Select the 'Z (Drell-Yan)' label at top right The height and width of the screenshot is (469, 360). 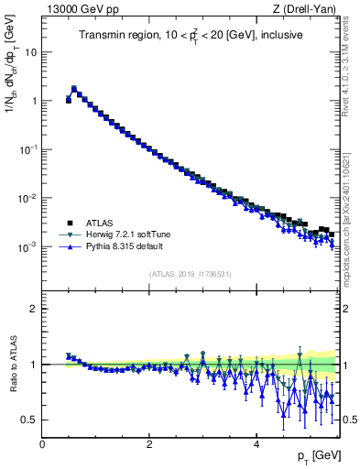click(308, 8)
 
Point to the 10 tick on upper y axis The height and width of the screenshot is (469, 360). click(33, 51)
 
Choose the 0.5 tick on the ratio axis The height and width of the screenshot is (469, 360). click(31, 420)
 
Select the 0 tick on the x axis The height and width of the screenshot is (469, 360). click(42, 443)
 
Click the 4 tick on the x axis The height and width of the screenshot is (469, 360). click(256, 443)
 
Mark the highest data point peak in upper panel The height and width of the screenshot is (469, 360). click(74, 89)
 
